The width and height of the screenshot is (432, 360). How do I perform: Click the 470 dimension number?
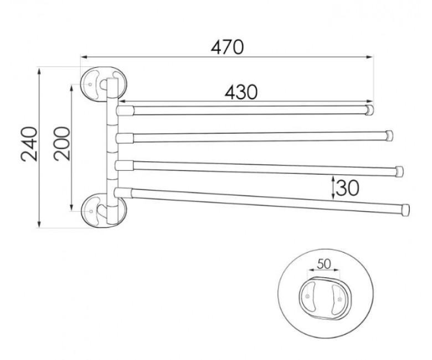tap(227, 47)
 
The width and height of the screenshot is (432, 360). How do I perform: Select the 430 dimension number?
tap(241, 92)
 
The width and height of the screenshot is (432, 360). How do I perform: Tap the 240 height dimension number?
tap(29, 144)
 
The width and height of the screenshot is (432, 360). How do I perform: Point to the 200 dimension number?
tap(61, 143)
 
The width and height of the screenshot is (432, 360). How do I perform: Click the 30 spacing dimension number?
tap(348, 188)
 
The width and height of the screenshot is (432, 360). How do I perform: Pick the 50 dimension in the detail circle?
tap(324, 264)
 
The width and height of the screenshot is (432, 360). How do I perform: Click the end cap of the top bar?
tap(369, 110)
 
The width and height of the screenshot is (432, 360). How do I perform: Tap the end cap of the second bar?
tap(389, 136)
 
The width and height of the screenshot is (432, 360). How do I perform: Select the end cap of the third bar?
tap(399, 171)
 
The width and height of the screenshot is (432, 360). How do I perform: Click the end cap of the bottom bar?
tap(405, 210)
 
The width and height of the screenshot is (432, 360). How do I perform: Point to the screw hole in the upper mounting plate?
tap(90, 84)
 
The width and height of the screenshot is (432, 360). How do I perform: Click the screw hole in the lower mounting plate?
tap(91, 211)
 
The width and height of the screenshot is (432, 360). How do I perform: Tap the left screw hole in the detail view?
tap(307, 296)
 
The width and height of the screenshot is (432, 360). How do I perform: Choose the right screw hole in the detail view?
tap(339, 299)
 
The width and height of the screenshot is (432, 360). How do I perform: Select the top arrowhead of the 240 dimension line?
tap(39, 71)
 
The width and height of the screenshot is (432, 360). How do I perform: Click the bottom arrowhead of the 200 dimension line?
tap(71, 207)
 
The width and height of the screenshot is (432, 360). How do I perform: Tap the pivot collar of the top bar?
tap(125, 110)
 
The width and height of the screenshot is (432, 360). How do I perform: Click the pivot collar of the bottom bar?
tap(124, 193)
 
